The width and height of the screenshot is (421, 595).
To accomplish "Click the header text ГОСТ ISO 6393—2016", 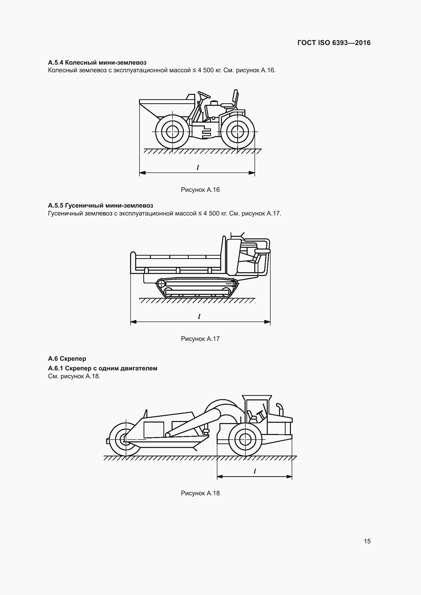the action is tap(334, 43).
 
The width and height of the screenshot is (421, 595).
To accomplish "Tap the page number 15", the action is tap(367, 541).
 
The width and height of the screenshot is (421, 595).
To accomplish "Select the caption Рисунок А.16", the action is tap(200, 190).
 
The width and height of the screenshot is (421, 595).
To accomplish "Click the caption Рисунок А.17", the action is tap(200, 339).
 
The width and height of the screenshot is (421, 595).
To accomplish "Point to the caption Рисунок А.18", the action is tap(200, 493).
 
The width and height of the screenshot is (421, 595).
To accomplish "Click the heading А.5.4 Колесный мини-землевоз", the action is tap(97, 63).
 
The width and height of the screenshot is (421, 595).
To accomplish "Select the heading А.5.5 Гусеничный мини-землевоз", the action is tap(101, 206).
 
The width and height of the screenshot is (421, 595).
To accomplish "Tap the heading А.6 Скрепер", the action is tap(67, 358).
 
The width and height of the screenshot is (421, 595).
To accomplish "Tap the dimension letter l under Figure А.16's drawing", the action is tap(198, 167).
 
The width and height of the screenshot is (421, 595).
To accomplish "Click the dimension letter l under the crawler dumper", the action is tap(199, 316).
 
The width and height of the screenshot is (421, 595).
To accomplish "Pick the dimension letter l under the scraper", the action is tap(255, 471).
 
